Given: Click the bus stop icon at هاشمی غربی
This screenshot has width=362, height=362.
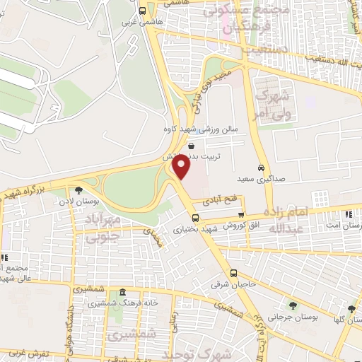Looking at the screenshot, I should [142, 11].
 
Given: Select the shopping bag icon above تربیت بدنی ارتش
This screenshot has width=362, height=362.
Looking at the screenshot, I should [192, 145].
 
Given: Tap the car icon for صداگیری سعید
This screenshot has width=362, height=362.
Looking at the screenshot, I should [262, 168].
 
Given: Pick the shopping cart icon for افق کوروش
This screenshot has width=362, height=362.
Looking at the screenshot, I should [243, 215].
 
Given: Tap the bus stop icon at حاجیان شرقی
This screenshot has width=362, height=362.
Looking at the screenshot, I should [234, 274].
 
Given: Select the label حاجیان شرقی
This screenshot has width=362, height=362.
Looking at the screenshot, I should [226, 285].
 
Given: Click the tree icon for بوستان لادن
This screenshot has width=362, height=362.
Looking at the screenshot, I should [78, 189].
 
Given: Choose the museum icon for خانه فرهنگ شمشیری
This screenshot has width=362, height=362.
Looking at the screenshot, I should [123, 292].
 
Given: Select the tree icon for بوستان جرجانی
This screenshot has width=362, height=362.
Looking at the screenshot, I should [293, 305].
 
